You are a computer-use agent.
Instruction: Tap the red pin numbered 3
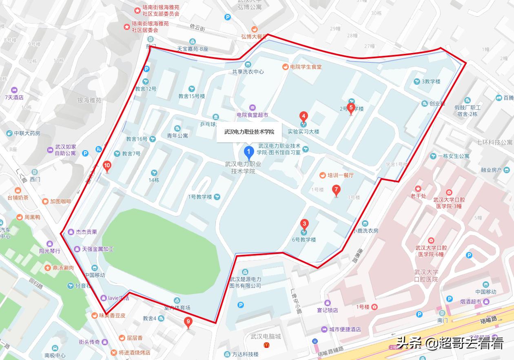tap(304, 225)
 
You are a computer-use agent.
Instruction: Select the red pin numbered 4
tap(304, 116)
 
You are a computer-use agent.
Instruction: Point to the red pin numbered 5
tap(351, 108)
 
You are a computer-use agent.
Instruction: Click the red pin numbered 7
tap(336, 190)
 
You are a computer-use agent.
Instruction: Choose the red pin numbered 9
tap(188, 322)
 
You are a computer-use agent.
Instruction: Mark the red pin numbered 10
tap(107, 166)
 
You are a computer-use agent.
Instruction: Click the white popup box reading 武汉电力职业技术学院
tap(249, 132)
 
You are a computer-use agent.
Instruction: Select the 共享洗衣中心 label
tap(248, 71)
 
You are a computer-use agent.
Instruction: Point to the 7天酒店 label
tap(14, 97)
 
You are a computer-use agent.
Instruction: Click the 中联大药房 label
tap(27, 133)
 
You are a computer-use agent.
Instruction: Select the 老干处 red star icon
tap(418, 189)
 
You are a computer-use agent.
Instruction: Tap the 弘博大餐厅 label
tap(254, 36)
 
